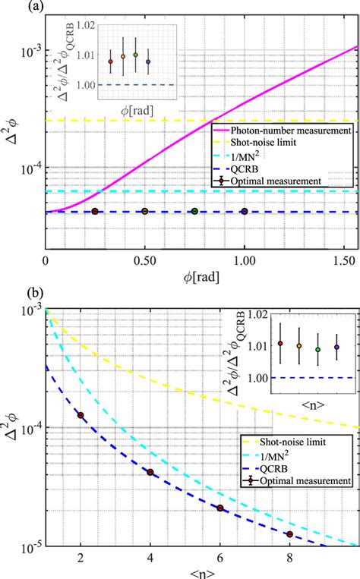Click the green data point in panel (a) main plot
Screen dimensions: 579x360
[x=194, y=212]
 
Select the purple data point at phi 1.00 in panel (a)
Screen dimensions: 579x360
[x=245, y=212]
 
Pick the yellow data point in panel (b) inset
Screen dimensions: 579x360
[x=299, y=346]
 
